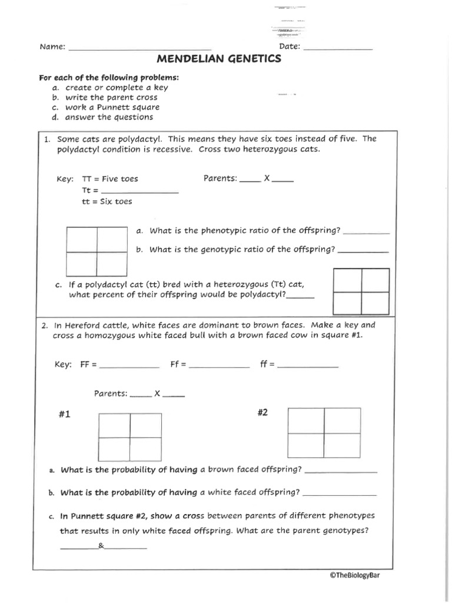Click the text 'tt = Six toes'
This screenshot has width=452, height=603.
[x=107, y=201]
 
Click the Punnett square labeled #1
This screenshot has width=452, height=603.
[x=130, y=437]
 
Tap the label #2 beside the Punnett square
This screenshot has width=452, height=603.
[x=262, y=413]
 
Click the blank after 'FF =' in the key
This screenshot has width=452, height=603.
[x=130, y=367]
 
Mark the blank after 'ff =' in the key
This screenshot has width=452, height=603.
[x=308, y=367]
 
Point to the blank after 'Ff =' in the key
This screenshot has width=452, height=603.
[x=219, y=367]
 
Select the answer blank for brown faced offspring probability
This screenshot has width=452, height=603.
[x=341, y=472]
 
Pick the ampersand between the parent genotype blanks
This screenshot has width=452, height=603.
[x=101, y=546]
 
